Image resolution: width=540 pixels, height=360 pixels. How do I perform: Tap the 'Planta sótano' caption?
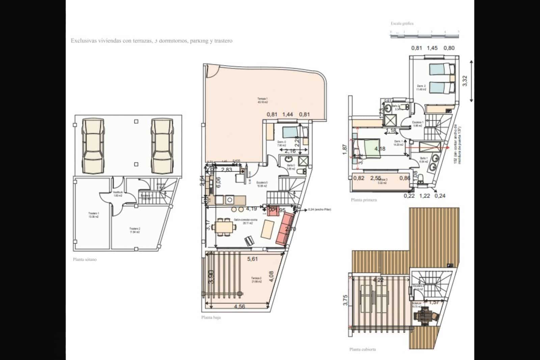(85, 260)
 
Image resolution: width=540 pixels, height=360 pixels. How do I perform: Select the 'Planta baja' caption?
(211, 317)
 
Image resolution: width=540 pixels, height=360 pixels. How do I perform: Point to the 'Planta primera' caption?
(363, 200)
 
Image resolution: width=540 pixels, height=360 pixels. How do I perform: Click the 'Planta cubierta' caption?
(363, 350)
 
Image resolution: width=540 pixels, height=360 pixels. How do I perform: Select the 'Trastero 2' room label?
(135, 230)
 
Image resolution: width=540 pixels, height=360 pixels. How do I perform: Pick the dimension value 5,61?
(252, 259)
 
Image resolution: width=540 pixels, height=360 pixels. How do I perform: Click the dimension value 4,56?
(239, 307)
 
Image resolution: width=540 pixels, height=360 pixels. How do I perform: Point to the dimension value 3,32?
(465, 81)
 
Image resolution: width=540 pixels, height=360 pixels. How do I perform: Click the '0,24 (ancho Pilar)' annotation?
(319, 210)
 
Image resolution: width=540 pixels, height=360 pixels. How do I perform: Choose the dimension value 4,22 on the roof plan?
(378, 279)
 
